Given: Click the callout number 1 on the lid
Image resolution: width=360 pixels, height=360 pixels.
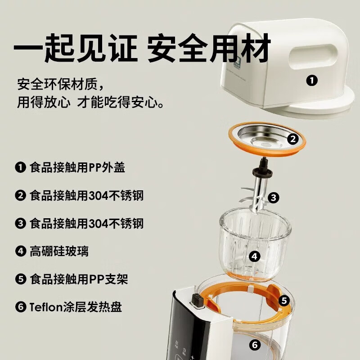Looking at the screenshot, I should click(x=311, y=81).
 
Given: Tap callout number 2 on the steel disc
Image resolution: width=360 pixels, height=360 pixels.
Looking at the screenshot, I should click(x=293, y=139).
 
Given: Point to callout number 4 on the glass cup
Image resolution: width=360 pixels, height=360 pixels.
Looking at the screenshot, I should click(x=255, y=256).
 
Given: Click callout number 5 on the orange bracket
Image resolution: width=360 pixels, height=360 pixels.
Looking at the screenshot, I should click(x=283, y=300).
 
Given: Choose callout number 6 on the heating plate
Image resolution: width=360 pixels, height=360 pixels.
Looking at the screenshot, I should click(x=255, y=346).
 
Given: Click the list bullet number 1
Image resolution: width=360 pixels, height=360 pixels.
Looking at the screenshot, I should click(x=20, y=168).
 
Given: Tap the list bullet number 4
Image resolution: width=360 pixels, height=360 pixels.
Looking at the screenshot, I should click(x=20, y=251).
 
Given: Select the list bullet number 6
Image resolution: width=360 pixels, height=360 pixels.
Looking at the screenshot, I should click(x=20, y=307).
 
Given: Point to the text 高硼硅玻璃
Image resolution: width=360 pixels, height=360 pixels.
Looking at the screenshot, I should click(x=59, y=251).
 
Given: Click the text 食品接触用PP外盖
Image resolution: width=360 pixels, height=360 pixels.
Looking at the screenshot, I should click(x=77, y=168).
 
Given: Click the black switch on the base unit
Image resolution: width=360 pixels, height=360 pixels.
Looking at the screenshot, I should click(x=197, y=300).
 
